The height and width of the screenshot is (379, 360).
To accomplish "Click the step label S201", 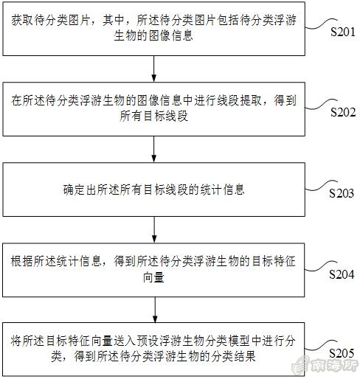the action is pyautogui.click(x=343, y=32).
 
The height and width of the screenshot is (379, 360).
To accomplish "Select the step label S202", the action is pyautogui.click(x=343, y=112).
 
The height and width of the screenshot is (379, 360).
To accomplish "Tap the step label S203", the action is pyautogui.click(x=342, y=193).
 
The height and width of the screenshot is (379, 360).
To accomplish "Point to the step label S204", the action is pyautogui.click(x=342, y=274).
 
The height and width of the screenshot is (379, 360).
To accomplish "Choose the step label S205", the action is pyautogui.click(x=342, y=353).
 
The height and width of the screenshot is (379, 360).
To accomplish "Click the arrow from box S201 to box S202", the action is pyautogui.click(x=154, y=69).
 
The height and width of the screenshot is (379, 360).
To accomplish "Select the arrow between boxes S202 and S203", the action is pyautogui.click(x=154, y=149).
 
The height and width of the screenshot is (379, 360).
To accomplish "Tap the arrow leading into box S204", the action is pyautogui.click(x=154, y=230).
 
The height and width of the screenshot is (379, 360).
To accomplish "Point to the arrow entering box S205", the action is pyautogui.click(x=155, y=310).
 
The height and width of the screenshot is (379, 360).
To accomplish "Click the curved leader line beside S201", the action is pyautogui.click(x=320, y=25).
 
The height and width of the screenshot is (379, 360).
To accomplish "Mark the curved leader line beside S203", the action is pyautogui.click(x=320, y=187).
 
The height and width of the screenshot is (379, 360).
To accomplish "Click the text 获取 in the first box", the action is pyautogui.click(x=21, y=20).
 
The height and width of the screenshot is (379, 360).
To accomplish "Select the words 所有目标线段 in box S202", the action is pyautogui.click(x=154, y=116).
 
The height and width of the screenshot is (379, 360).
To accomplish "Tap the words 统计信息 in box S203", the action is pyautogui.click(x=222, y=189).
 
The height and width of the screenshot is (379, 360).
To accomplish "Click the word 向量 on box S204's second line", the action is pyautogui.click(x=153, y=277).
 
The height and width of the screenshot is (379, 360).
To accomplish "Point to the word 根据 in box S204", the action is pyautogui.click(x=21, y=261).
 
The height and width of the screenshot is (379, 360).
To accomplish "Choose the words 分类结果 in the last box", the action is pyautogui.click(x=233, y=357).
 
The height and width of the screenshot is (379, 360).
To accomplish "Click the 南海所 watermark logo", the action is pyautogui.click(x=325, y=366).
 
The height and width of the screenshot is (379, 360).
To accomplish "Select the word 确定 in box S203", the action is pyautogui.click(x=74, y=189).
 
